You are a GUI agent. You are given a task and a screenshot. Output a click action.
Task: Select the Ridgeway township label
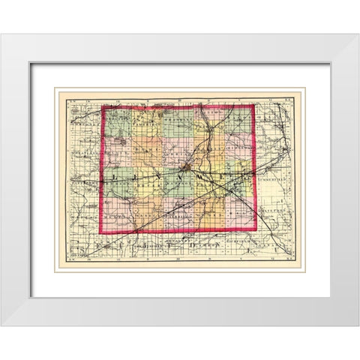click(x=238, y=150)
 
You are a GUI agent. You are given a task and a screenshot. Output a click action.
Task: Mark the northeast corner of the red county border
click(x=254, y=105)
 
